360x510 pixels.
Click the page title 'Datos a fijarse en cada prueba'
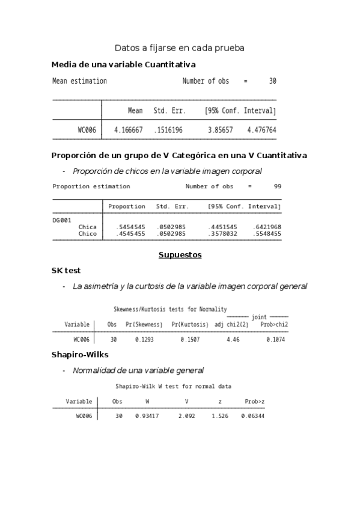179,48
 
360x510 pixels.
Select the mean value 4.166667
128,129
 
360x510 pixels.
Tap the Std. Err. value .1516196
168,129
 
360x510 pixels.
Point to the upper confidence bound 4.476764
261,129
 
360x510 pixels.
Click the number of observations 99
277,186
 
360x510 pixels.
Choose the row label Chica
88,227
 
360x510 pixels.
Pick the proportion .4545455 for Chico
130,233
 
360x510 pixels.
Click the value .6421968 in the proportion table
267,227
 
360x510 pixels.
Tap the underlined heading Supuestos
180,255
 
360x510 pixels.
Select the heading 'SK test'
66,271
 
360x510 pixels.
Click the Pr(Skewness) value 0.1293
144,340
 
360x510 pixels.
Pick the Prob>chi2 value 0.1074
276,340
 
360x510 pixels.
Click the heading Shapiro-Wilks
80,355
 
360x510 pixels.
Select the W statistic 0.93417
147,416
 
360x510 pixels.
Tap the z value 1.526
220,416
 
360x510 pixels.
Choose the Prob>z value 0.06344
253,416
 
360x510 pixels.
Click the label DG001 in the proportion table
62,220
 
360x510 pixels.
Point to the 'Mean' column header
135,111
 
